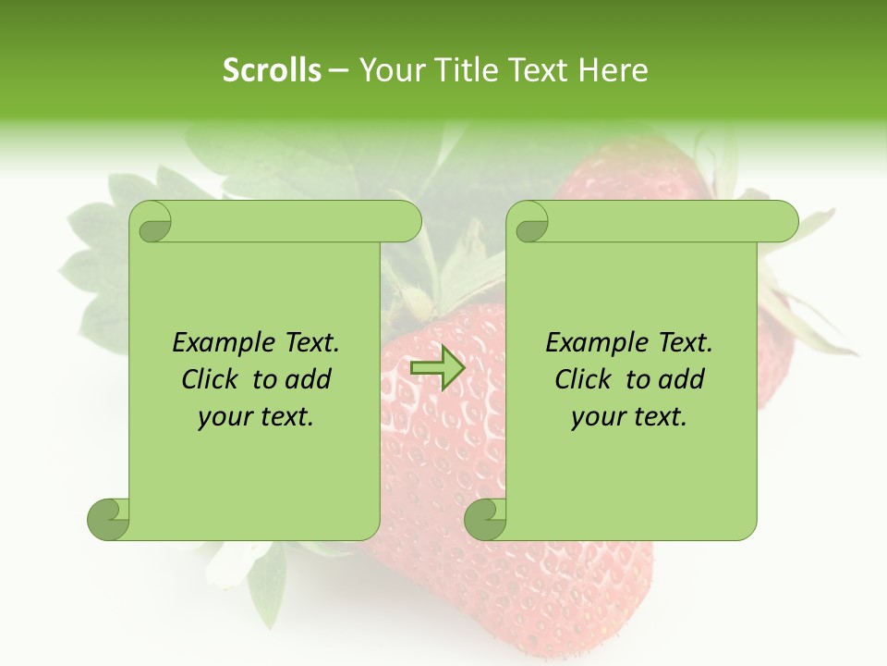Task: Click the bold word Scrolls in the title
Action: click(272, 70)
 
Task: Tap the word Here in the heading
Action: click(613, 70)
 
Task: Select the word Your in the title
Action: click(388, 70)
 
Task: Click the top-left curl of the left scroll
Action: click(152, 222)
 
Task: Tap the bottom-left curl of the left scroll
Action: click(108, 519)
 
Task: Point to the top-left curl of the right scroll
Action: click(529, 222)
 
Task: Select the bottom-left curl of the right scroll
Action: click(485, 519)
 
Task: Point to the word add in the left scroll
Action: click(308, 380)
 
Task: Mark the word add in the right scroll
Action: click(681, 380)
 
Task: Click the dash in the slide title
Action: click(338, 71)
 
